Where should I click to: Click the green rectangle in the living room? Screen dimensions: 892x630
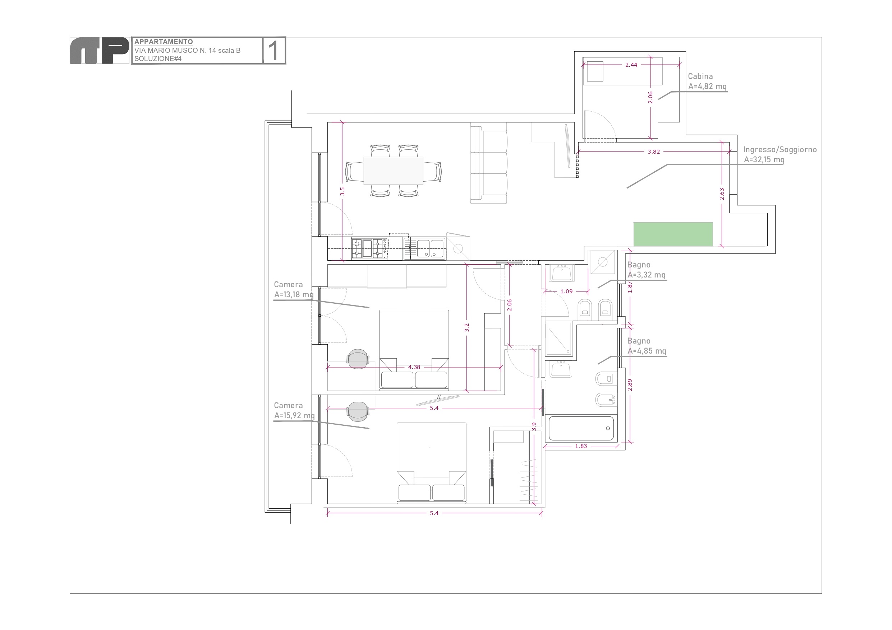click(673, 234)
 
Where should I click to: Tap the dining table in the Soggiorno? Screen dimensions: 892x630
click(393, 171)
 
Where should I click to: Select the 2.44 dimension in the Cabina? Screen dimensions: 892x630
click(631, 65)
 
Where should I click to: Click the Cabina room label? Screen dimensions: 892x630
click(700, 76)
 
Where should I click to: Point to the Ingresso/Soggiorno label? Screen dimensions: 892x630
click(780, 149)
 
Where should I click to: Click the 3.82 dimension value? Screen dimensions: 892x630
click(654, 152)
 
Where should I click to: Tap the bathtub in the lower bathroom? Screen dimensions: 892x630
click(581, 428)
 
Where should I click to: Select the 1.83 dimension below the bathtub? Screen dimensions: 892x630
click(581, 446)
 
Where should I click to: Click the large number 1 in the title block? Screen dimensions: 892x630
click(274, 51)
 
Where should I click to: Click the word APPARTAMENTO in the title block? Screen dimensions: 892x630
click(164, 42)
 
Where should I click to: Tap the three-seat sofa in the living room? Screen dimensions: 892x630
click(488, 163)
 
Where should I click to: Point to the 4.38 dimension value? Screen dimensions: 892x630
click(414, 367)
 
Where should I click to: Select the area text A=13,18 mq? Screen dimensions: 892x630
click(294, 295)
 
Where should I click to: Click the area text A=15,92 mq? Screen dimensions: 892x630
click(294, 415)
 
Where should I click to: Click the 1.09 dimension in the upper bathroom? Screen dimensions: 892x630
click(566, 291)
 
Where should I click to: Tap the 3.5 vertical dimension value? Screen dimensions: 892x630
click(342, 191)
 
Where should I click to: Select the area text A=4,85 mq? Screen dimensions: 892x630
click(647, 351)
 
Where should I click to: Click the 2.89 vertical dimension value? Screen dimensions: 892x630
click(630, 385)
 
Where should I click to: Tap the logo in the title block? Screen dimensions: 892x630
click(100, 51)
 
